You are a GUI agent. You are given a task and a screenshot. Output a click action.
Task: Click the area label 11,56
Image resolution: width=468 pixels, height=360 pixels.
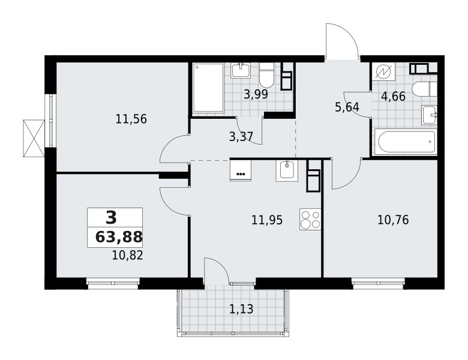click(131, 119)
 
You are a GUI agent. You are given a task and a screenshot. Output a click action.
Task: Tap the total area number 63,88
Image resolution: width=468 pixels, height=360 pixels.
click(119, 237)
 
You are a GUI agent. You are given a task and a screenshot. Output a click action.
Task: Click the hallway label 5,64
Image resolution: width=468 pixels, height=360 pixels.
click(346, 108)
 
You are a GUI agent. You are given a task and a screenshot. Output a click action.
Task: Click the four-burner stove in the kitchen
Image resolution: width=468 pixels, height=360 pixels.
click(310, 220)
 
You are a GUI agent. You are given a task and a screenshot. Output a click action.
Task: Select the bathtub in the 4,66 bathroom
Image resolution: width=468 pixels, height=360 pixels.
click(406, 143)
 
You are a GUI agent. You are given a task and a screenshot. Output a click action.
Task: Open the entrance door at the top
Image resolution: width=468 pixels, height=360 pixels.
click(342, 42)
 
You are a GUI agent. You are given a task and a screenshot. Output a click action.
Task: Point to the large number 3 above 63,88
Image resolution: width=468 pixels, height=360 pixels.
click(110, 217)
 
